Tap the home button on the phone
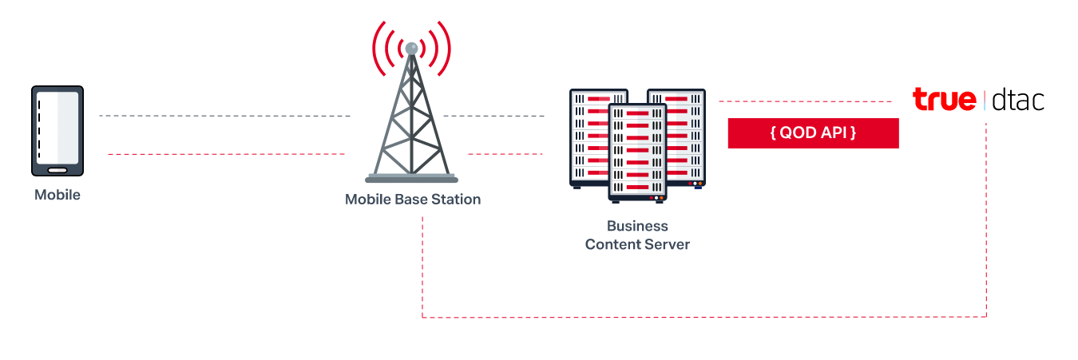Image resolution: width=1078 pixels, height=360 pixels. [x=57, y=169]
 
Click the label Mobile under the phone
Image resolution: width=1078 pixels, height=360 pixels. [x=57, y=195]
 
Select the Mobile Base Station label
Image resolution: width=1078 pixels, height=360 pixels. [x=412, y=199]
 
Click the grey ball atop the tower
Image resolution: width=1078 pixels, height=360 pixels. [x=411, y=49]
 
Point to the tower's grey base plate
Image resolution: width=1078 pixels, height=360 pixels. [x=411, y=179]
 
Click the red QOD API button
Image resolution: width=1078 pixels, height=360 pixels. [x=813, y=133]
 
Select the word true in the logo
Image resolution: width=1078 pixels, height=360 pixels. [x=945, y=100]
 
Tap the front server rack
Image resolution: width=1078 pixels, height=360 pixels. [x=637, y=152]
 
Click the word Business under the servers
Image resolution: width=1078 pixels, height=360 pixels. [x=637, y=226]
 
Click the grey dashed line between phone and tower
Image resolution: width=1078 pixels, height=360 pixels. [x=224, y=116]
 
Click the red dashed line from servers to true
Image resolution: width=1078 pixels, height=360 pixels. [x=804, y=101]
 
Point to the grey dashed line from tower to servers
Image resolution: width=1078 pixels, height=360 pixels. [x=493, y=116]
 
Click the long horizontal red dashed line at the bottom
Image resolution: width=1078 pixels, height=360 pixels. [x=703, y=318]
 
